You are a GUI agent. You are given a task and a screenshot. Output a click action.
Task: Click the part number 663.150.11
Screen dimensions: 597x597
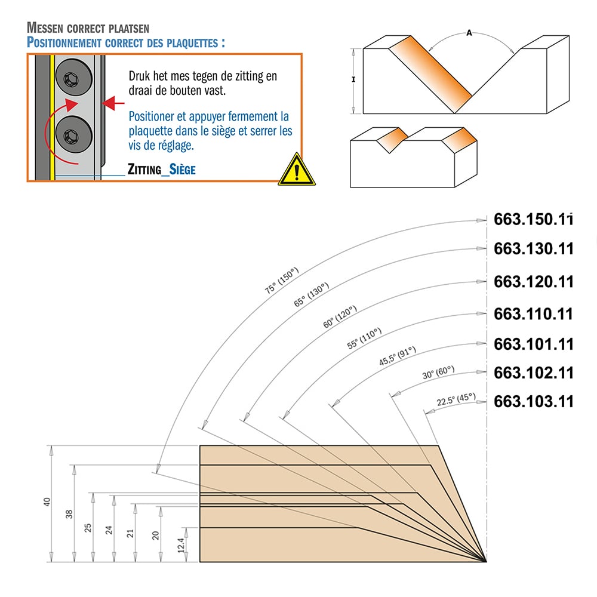pyautogui.click(x=533, y=219)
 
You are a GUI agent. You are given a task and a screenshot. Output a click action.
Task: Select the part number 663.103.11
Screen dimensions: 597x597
pyautogui.click(x=533, y=401)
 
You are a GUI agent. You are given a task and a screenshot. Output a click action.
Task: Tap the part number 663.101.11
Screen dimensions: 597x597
pyautogui.click(x=533, y=344)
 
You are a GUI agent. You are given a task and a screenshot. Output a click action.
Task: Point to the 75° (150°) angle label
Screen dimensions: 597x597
pyautogui.click(x=282, y=281)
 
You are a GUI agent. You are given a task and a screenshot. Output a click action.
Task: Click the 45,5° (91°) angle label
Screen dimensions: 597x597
pyautogui.click(x=398, y=356)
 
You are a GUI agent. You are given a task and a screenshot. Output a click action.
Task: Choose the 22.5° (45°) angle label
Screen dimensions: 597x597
pyautogui.click(x=456, y=399)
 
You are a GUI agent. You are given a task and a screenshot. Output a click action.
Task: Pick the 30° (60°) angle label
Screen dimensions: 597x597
pyautogui.click(x=438, y=373)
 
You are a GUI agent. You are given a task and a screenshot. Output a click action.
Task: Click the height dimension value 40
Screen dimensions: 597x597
pyautogui.click(x=47, y=502)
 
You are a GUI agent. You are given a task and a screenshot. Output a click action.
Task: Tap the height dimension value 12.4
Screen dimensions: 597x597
pyautogui.click(x=181, y=545)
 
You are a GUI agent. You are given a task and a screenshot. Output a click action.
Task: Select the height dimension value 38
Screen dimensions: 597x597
pyautogui.click(x=69, y=514)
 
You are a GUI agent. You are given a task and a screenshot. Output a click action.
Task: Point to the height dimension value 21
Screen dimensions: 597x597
pyautogui.click(x=130, y=533)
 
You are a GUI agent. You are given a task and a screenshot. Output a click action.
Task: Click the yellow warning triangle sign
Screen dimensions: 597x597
pyautogui.click(x=297, y=170)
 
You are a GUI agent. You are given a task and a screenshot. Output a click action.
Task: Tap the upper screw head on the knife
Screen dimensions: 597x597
pyautogui.click(x=73, y=77)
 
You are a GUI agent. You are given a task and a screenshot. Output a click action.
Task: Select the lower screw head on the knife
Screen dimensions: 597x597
pyautogui.click(x=73, y=134)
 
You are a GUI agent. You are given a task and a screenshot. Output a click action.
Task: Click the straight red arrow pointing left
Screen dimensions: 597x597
pyautogui.click(x=113, y=103)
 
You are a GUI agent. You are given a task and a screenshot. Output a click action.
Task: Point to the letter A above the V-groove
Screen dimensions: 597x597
pyautogui.click(x=469, y=33)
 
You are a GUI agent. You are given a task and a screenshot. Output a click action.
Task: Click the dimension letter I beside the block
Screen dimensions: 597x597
pyautogui.click(x=353, y=79)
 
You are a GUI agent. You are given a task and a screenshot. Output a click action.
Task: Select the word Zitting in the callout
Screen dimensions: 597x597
pyautogui.click(x=144, y=170)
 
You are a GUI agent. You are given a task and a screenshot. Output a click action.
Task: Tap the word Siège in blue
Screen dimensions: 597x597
pyautogui.click(x=182, y=169)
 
